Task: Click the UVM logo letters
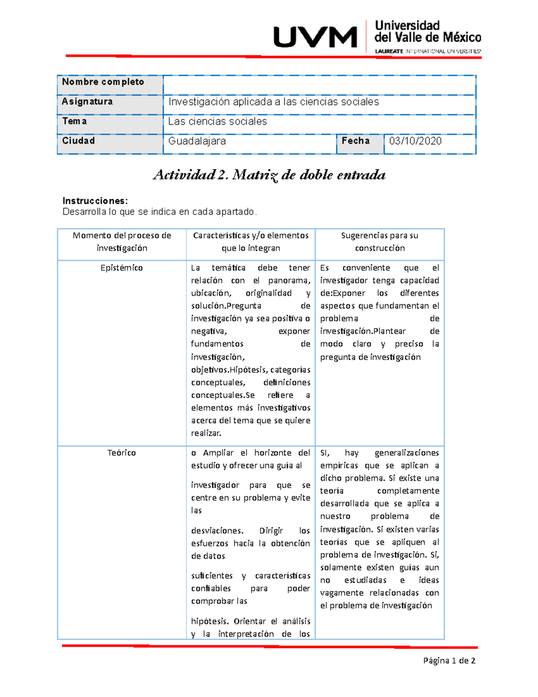tap(315, 37)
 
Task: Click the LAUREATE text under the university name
tap(389, 51)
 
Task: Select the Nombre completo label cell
tap(103, 82)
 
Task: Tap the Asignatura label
tap(87, 101)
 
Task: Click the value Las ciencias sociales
tap(217, 122)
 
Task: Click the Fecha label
tap(356, 141)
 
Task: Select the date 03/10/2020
tap(415, 141)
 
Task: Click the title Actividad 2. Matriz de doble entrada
tap(269, 175)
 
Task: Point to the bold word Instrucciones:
tap(95, 201)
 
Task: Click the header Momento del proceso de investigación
tap(121, 241)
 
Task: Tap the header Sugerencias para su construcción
tap(379, 241)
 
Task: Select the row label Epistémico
tap(121, 268)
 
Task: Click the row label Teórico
tap(121, 453)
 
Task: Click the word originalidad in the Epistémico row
tap(269, 293)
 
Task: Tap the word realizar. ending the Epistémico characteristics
tap(206, 433)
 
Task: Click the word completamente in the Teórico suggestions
tap(408, 491)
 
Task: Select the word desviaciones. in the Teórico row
tap(217, 530)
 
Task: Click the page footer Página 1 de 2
tap(449, 661)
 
